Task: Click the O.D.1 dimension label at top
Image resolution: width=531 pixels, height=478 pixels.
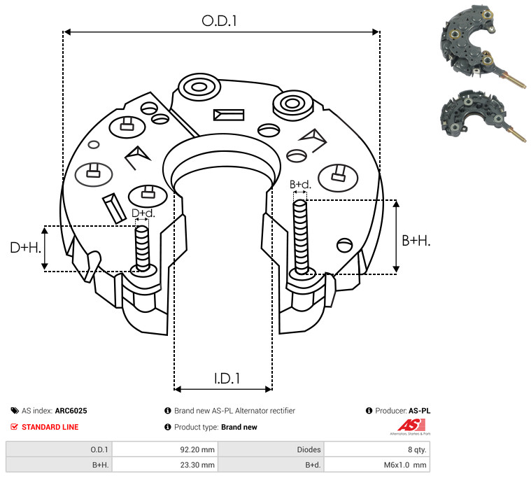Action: [219, 21]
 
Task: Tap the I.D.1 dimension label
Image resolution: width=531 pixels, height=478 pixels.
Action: [227, 379]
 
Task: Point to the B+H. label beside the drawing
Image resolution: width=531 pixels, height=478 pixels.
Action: [416, 241]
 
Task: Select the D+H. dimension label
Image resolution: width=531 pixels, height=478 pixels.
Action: [25, 248]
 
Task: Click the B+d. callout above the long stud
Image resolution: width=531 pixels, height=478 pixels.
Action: [300, 185]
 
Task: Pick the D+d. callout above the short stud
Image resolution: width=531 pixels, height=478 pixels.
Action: [143, 213]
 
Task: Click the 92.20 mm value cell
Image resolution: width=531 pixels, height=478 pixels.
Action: [197, 449]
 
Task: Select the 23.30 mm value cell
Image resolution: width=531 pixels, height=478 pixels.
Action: [197, 465]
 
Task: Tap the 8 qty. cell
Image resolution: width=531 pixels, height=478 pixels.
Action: [417, 449]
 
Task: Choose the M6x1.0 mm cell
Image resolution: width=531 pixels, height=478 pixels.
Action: [405, 465]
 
